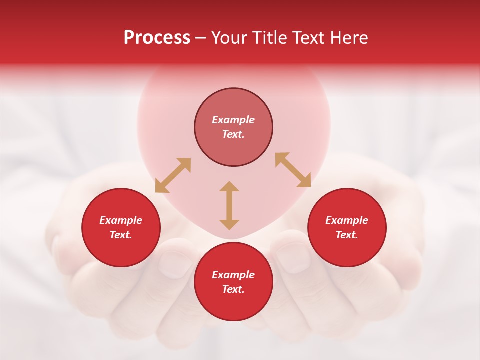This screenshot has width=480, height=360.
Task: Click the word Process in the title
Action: click(157, 38)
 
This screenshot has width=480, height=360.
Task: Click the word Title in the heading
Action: click(268, 38)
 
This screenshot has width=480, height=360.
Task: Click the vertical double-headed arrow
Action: click(229, 205)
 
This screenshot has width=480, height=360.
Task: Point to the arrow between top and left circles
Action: click(173, 175)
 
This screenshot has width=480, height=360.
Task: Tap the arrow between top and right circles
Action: click(293, 170)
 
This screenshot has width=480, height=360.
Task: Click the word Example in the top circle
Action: click(233, 120)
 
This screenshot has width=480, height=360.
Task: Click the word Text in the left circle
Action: click(121, 235)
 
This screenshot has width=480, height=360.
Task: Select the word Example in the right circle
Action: click(347, 220)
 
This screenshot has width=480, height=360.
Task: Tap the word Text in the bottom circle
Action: click(233, 289)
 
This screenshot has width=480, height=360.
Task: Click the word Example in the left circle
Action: click(121, 220)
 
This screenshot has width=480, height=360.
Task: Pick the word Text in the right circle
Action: click(347, 235)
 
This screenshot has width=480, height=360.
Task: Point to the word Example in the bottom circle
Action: click(233, 275)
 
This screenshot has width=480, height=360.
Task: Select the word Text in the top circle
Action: click(233, 134)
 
